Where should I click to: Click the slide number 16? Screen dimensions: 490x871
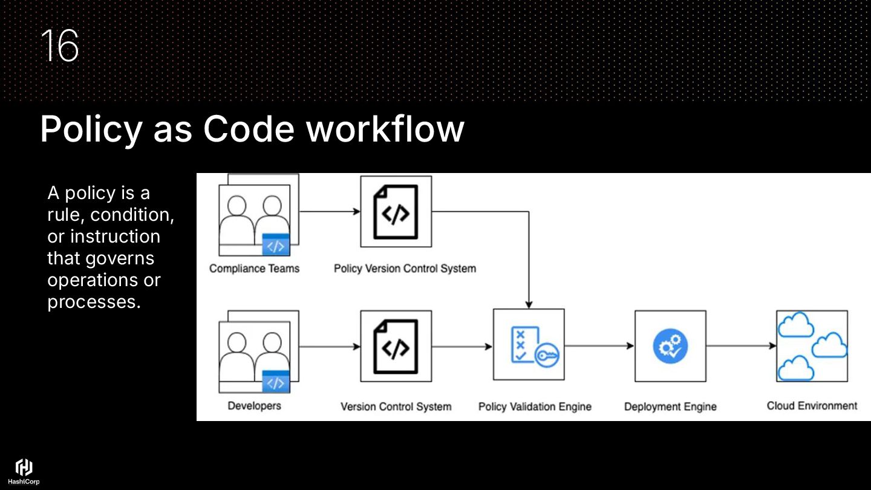tap(60, 46)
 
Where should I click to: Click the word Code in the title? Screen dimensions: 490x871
tap(249, 128)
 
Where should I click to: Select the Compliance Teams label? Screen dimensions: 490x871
tap(254, 269)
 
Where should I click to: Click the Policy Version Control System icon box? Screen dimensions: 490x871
tap(396, 211)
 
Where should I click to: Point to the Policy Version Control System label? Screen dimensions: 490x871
tap(405, 269)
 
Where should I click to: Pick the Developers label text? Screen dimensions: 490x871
tap(254, 406)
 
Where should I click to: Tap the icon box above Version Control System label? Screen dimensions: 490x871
tap(396, 346)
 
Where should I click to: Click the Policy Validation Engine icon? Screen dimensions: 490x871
tap(529, 345)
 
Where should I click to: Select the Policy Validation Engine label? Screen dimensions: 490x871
tap(535, 407)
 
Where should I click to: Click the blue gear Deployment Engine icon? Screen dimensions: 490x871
tap(670, 346)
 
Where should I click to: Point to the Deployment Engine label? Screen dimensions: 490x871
tap(670, 407)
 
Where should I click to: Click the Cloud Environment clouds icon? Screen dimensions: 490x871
tap(812, 346)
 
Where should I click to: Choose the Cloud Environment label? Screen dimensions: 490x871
tap(812, 406)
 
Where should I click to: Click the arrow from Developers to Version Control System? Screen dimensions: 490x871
tap(329, 347)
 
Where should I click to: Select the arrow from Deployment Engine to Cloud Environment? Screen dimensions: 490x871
tap(741, 346)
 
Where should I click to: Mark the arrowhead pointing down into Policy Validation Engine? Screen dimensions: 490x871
tap(529, 304)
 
